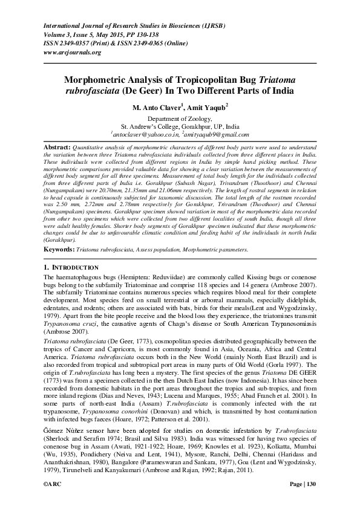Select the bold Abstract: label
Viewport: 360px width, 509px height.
[x=59, y=148]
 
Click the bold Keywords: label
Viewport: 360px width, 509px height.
[x=59, y=249]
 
